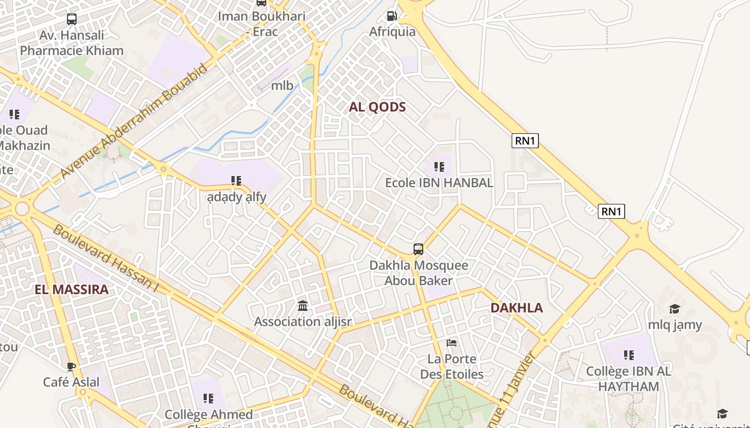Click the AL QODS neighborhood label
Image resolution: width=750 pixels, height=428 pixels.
[377, 106]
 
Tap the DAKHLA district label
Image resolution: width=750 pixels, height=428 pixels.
[516, 308]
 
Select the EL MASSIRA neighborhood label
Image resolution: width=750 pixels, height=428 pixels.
[72, 290]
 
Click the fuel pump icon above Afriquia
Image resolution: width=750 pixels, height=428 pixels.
[392, 16]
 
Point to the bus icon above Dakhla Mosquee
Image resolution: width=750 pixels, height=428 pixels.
[418, 249]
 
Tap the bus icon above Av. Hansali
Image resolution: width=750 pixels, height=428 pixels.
[72, 19]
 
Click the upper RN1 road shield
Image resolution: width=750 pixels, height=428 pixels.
[525, 141]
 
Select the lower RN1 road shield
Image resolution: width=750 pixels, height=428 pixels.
[611, 211]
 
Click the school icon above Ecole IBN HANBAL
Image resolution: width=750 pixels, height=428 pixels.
[439, 167]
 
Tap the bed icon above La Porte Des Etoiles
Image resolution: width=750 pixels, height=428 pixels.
[452, 342]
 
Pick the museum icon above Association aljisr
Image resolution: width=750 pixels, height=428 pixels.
[303, 306]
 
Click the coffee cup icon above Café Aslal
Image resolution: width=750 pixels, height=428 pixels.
[71, 366]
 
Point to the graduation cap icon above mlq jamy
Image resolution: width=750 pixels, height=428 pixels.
[674, 309]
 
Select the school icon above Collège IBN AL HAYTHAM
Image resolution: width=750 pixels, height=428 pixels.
[629, 355]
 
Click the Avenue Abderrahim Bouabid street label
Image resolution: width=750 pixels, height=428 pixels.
[134, 121]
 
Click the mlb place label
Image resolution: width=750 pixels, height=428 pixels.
[282, 86]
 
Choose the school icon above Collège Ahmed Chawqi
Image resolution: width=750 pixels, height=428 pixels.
[208, 399]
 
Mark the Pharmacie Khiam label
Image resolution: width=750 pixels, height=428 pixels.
[72, 51]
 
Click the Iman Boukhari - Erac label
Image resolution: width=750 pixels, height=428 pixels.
[261, 24]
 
